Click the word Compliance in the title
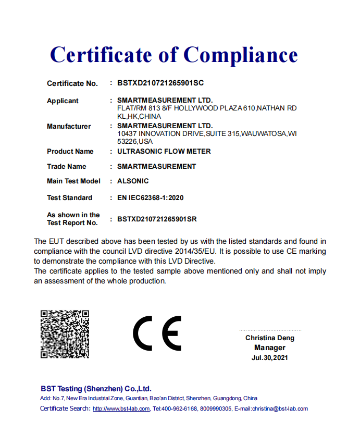(240, 55)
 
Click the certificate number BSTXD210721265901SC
(160, 83)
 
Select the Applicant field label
(63, 101)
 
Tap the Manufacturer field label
(69, 127)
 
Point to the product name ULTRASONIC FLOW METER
(164, 152)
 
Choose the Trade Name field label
(66, 167)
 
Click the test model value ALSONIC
(133, 181)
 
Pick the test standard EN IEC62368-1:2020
(151, 198)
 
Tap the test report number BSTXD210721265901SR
(157, 219)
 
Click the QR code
(65, 334)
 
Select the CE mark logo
(157, 333)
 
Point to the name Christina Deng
(270, 338)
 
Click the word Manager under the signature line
(270, 348)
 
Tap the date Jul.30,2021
(269, 358)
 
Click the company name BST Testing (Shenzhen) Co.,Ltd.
(96, 389)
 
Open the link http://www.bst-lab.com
(121, 409)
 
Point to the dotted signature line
(270, 330)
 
